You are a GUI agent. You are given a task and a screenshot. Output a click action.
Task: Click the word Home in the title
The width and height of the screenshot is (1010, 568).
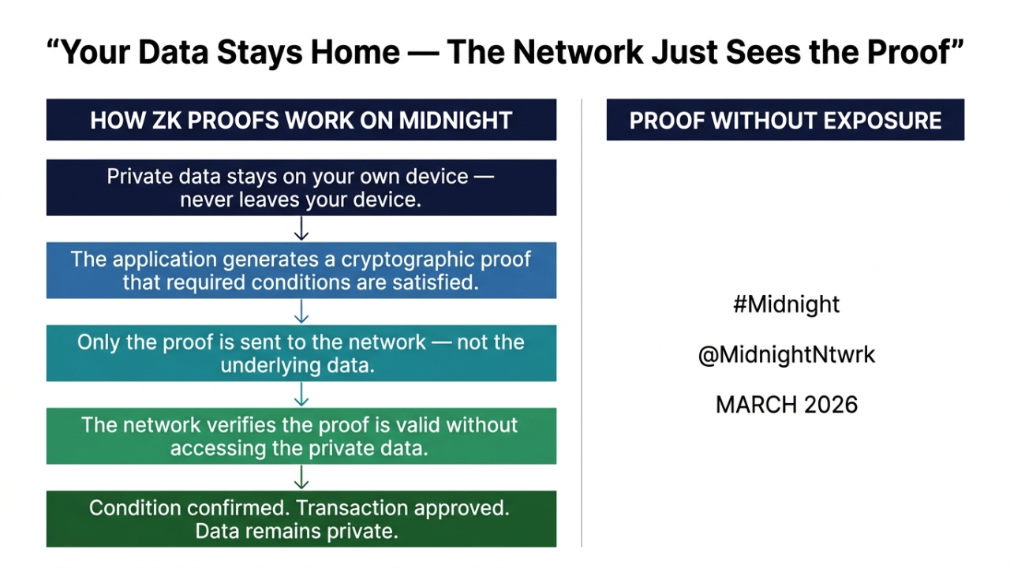(355, 52)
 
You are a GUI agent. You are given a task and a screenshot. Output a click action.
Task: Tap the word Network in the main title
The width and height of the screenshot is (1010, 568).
(578, 52)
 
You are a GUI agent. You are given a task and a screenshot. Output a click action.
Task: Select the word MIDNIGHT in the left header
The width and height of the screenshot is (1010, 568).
(455, 121)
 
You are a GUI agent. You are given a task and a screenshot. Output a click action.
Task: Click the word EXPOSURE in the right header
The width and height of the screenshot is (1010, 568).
(882, 121)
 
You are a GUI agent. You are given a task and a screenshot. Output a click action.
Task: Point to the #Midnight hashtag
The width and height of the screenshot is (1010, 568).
(786, 304)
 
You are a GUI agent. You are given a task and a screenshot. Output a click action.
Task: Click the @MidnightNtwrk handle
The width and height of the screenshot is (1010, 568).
(786, 354)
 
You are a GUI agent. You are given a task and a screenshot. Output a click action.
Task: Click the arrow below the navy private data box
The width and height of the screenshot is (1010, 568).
(301, 229)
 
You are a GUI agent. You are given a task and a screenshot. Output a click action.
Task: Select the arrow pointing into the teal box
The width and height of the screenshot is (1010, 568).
(301, 312)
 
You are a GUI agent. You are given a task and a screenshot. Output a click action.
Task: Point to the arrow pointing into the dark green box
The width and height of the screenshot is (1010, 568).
(301, 477)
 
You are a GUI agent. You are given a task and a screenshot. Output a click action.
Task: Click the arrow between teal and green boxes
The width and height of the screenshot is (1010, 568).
(301, 394)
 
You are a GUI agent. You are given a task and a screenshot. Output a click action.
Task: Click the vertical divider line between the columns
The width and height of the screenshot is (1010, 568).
(582, 323)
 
